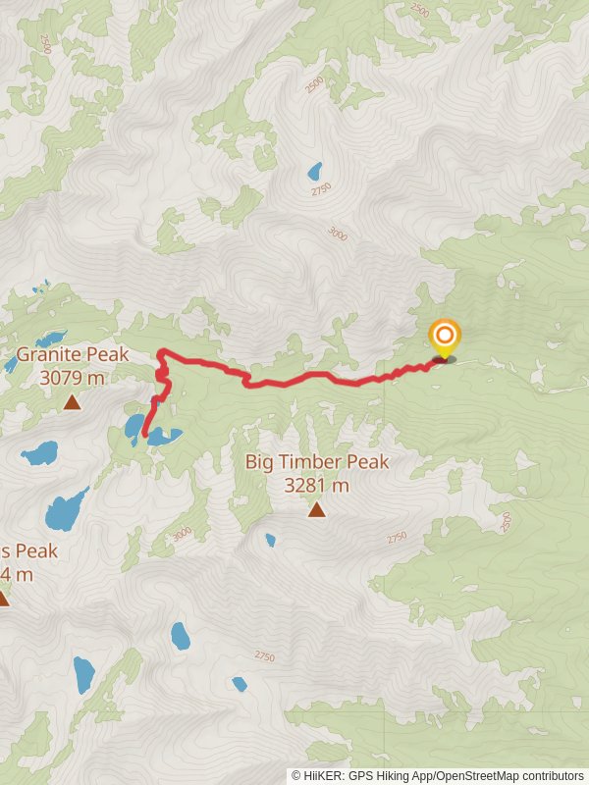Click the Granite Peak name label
[73, 354]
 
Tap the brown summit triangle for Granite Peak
[72, 401]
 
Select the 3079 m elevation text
[73, 377]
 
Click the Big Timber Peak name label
[317, 462]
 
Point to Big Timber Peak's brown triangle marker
[316, 509]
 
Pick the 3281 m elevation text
[317, 485]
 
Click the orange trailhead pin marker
[444, 337]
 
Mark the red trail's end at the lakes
[145, 434]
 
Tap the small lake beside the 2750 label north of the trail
[314, 172]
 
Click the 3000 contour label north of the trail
[338, 234]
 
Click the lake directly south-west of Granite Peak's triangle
[40, 452]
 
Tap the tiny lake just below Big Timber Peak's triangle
[270, 540]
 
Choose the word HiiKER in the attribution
[325, 775]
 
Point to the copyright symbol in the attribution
[296, 775]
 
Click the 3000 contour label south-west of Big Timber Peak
[181, 534]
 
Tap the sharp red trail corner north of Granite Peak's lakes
[159, 352]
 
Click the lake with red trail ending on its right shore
[131, 427]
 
